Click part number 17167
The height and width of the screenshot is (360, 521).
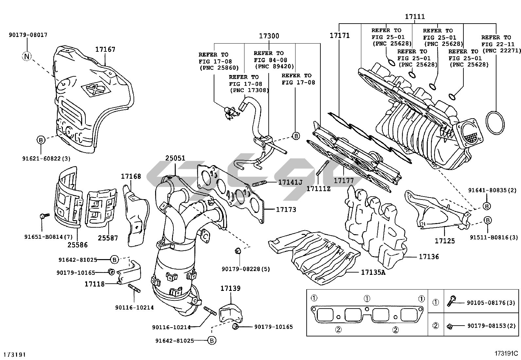105,49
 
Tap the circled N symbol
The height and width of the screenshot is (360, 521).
27,56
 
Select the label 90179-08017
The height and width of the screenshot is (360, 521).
28,35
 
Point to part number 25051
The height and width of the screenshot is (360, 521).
175,158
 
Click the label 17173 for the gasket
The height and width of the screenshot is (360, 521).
286,209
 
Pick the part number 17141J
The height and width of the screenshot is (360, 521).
290,182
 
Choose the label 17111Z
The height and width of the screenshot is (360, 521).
318,189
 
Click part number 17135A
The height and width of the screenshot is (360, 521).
373,272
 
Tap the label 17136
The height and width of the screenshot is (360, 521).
429,257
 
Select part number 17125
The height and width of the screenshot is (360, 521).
445,241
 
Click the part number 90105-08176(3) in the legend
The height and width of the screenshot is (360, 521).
491,303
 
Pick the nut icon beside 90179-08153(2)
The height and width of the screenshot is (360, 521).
450,326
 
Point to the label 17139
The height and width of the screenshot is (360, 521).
230,288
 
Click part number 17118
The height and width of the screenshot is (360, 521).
95,284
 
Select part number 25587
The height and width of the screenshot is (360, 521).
108,238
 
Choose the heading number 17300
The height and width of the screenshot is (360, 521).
269,36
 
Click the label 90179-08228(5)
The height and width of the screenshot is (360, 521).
246,269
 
